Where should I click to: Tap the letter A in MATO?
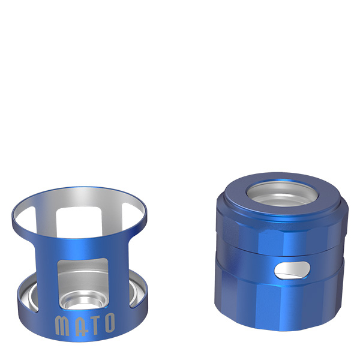tap(77, 325)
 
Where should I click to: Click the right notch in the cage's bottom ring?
tap(137, 294)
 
